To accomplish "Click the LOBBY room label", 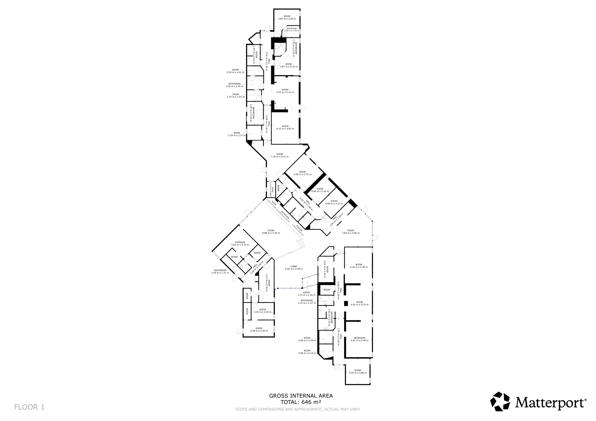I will [x=294, y=266].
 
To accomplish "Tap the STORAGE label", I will [x=240, y=242].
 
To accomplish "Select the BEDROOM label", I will [x=359, y=338].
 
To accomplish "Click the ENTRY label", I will [x=306, y=292].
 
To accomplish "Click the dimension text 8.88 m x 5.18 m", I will [x=271, y=233].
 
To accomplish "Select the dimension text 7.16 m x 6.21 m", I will [x=280, y=157].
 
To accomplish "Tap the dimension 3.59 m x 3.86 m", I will [x=358, y=373].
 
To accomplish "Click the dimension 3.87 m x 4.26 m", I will [x=287, y=19].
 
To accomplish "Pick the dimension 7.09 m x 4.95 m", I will [x=351, y=233].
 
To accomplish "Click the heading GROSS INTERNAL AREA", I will [x=301, y=396].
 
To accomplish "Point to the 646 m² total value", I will [x=311, y=402].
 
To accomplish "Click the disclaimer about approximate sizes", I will [x=298, y=409].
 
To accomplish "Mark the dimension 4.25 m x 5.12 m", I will [x=285, y=92].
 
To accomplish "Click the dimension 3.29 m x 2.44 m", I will [x=262, y=312].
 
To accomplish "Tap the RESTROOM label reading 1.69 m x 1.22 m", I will [x=220, y=273].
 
